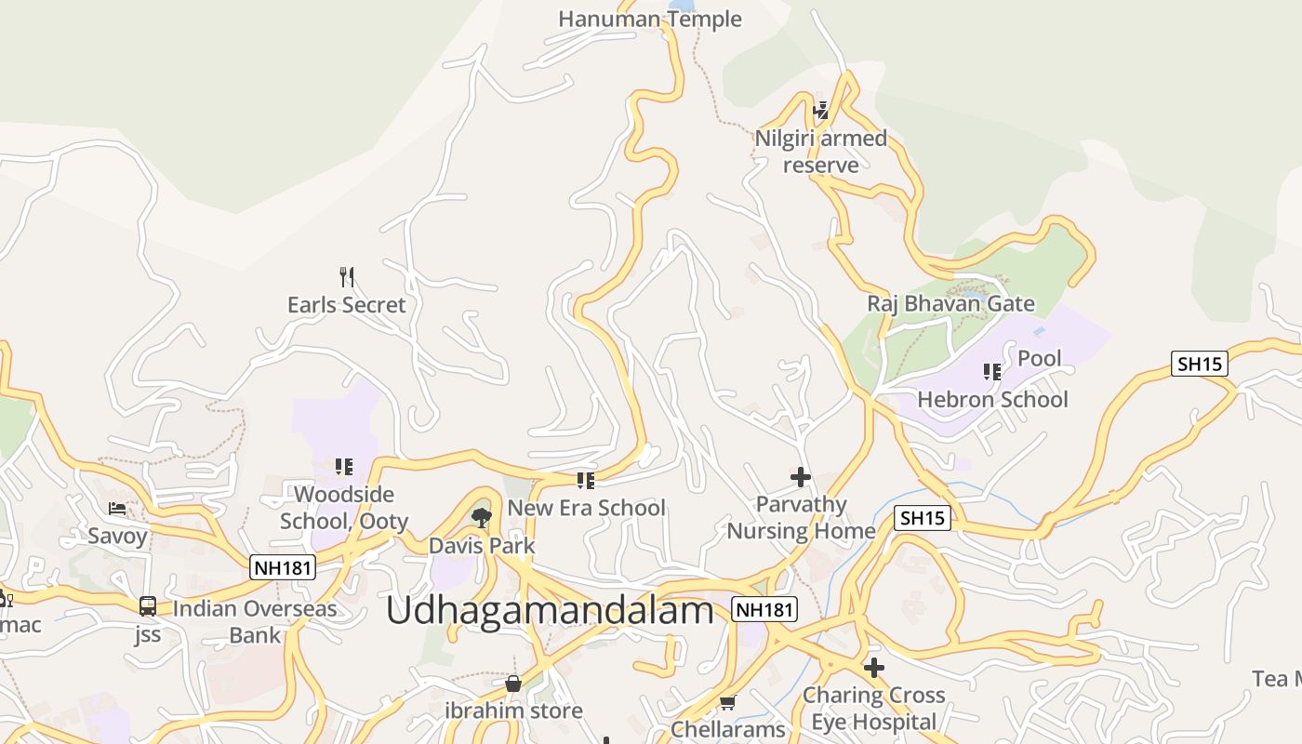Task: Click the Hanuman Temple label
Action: [649, 19]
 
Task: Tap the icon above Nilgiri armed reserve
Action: [820, 111]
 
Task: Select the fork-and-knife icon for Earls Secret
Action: [347, 276]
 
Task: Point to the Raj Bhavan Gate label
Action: [950, 304]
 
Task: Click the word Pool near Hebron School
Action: [1039, 358]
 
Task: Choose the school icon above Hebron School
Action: [992, 372]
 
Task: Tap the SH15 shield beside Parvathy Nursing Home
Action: [923, 518]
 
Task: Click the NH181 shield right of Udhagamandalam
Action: [764, 609]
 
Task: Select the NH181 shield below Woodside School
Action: [283, 567]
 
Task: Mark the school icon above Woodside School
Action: [344, 466]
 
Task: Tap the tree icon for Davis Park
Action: [481, 517]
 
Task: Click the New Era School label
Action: [586, 508]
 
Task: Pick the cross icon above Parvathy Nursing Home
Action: [800, 477]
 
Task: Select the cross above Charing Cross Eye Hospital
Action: [873, 667]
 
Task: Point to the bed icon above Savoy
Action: [117, 508]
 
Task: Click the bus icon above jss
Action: [147, 606]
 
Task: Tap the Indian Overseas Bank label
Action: [255, 622]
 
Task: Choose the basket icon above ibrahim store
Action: [513, 684]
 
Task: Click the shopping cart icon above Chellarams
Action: [727, 702]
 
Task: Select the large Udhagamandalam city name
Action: [550, 611]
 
